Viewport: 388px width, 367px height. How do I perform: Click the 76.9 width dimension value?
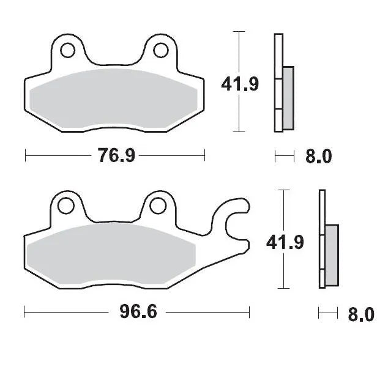116,156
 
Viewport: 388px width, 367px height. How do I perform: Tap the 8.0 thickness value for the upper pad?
318,157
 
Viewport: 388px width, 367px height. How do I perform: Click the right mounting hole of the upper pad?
161,48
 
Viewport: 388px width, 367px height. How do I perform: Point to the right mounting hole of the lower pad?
157,204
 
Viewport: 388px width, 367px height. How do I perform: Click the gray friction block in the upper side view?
288,98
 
